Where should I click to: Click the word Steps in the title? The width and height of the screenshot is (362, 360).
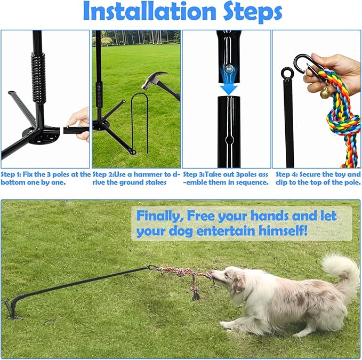pyautogui.click(x=252, y=12)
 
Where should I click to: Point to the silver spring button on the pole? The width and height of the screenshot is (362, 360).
pyautogui.click(x=229, y=68)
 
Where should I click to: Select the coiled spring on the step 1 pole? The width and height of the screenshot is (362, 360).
pyautogui.click(x=38, y=78)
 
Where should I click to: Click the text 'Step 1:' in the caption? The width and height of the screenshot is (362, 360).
pyautogui.click(x=11, y=174)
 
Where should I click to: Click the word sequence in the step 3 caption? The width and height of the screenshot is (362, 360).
pyautogui.click(x=254, y=182)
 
